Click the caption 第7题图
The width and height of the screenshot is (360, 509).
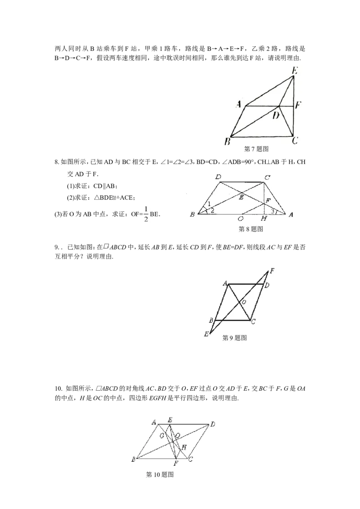click(x=256, y=149)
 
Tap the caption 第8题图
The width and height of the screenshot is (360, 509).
click(x=251, y=229)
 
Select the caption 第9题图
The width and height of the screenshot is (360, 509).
click(x=234, y=338)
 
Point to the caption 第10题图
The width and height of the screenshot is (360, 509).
click(x=160, y=474)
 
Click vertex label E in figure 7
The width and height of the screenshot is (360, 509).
click(x=295, y=71)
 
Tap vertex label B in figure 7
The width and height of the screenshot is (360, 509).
click(x=227, y=142)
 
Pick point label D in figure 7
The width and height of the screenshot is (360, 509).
click(x=276, y=115)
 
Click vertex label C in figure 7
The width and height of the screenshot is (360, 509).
click(x=295, y=141)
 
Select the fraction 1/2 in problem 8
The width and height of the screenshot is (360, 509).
click(x=146, y=214)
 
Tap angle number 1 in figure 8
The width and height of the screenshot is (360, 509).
click(x=209, y=204)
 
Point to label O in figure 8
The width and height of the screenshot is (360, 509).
click(x=240, y=219)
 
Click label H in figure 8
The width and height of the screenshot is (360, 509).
click(x=264, y=219)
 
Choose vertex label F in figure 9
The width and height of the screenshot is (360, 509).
click(x=272, y=271)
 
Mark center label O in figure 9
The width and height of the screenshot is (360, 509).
click(x=244, y=302)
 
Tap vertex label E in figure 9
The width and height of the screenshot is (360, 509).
click(x=206, y=334)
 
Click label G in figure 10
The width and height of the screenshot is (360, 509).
click(x=162, y=436)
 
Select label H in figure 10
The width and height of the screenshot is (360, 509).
click(x=184, y=447)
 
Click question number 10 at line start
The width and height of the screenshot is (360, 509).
click(x=58, y=388)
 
